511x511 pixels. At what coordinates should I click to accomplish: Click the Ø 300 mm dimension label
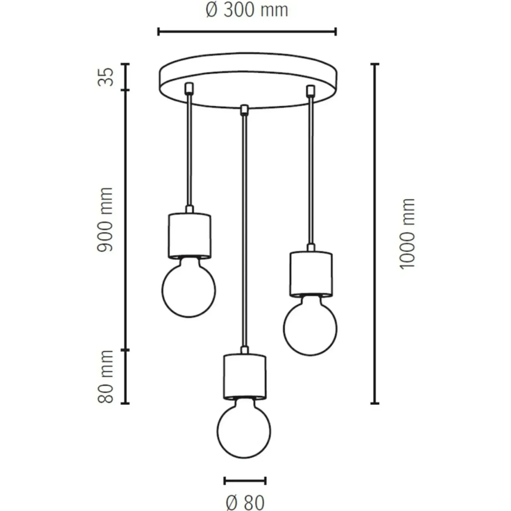click(x=247, y=11)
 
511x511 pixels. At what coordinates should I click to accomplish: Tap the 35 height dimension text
click(x=106, y=77)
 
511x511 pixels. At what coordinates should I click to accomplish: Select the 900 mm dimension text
click(x=105, y=219)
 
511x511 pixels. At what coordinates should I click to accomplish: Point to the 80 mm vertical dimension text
click(x=106, y=377)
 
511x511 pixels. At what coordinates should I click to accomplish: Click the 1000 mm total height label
click(x=407, y=234)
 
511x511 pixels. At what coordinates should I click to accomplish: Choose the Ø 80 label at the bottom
click(x=245, y=502)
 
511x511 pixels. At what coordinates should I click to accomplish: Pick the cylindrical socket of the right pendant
click(x=311, y=273)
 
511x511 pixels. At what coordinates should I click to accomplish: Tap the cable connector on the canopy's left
click(x=189, y=88)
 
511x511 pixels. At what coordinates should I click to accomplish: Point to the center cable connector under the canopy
click(x=245, y=110)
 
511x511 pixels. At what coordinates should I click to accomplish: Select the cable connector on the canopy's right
click(x=311, y=91)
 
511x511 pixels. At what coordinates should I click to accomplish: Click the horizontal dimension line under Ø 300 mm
click(x=247, y=32)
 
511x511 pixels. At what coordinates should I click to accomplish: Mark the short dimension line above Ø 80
click(x=245, y=480)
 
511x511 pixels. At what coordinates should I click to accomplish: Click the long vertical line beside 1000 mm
click(x=375, y=233)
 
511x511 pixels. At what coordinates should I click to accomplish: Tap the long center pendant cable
click(x=245, y=229)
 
